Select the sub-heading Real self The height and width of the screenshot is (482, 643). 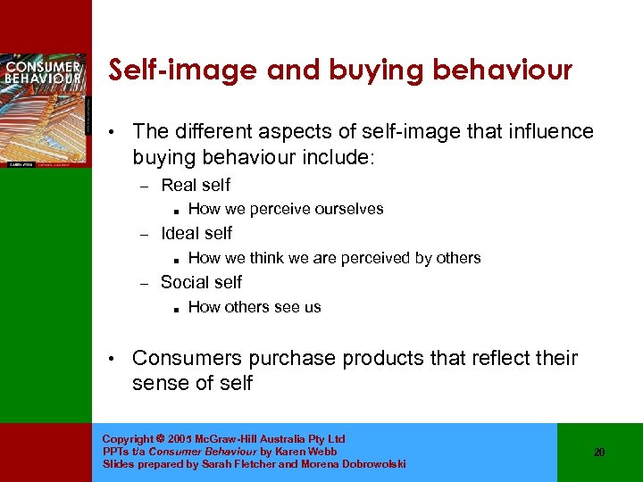195,186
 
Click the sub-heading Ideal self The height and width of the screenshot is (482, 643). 196,234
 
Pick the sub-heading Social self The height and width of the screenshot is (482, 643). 201,282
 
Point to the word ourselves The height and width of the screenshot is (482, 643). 349,210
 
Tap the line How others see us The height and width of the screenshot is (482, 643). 255,307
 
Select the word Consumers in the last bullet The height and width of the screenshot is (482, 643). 187,359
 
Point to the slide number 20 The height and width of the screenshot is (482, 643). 599,453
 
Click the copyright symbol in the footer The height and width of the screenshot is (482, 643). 160,439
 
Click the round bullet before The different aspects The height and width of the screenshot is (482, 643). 110,133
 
